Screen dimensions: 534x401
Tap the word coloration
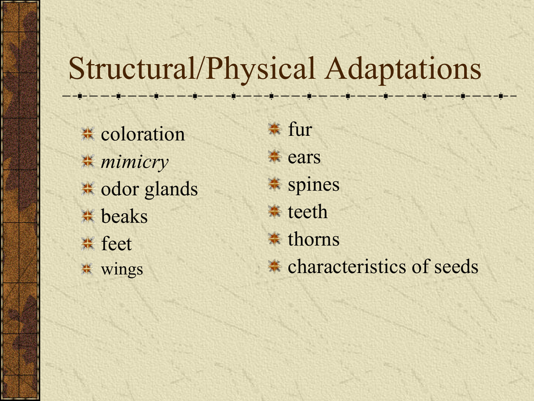143,134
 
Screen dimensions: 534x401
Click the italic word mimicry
135,162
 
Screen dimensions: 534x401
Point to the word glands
171,189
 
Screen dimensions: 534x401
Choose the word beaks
124,217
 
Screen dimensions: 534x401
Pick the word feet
116,244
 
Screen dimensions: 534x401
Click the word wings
122,269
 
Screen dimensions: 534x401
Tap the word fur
300,129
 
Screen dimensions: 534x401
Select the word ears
304,158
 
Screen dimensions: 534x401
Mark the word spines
313,185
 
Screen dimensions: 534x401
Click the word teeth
308,212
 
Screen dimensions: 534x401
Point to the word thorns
313,239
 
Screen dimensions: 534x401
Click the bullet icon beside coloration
88,134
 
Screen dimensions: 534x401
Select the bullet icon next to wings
87,269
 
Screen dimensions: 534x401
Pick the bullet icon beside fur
274,129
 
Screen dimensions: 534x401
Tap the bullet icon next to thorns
274,239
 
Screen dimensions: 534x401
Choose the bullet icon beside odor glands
88,188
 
